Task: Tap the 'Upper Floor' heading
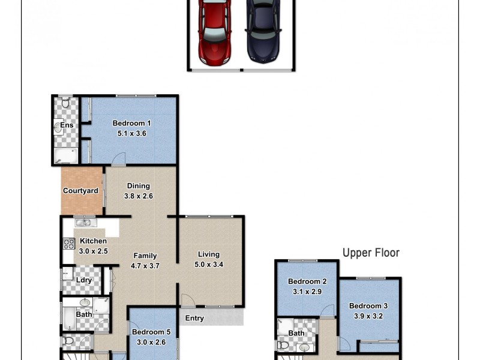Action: [x=371, y=253]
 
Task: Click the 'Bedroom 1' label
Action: [x=131, y=124]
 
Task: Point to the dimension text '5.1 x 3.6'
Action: [x=131, y=134]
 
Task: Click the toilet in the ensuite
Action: [x=66, y=103]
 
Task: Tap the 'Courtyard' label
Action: [x=80, y=191]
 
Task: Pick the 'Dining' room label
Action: [x=137, y=186]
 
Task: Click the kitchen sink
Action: [x=83, y=223]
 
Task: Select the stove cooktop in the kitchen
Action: [x=68, y=244]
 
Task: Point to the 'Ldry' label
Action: [x=83, y=280]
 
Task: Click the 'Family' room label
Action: [x=145, y=255]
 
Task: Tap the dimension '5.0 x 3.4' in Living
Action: [x=208, y=265]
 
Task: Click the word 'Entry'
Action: [x=194, y=318]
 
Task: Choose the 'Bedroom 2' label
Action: [x=307, y=281]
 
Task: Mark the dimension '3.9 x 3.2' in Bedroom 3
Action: [x=368, y=316]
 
